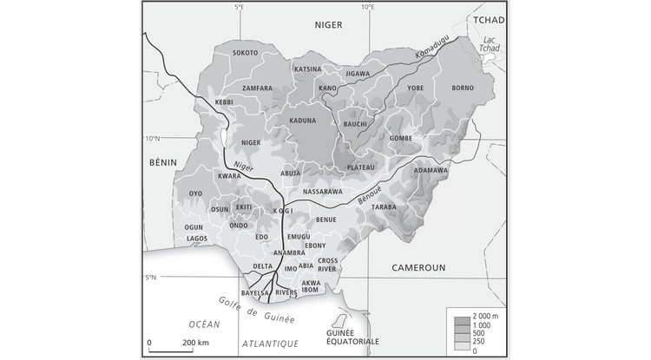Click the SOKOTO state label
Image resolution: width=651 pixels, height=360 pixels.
(246, 53)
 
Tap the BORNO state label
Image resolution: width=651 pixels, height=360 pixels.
(464, 88)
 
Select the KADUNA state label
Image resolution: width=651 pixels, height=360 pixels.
(303, 120)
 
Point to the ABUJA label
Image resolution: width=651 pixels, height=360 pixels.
(291, 172)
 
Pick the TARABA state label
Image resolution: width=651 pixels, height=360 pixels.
(383, 208)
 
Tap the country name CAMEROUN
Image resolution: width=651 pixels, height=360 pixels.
(418, 268)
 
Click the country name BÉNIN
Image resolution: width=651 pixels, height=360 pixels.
(162, 162)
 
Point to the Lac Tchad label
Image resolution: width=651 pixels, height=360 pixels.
(489, 43)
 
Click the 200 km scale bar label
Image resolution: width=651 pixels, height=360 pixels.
(197, 344)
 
